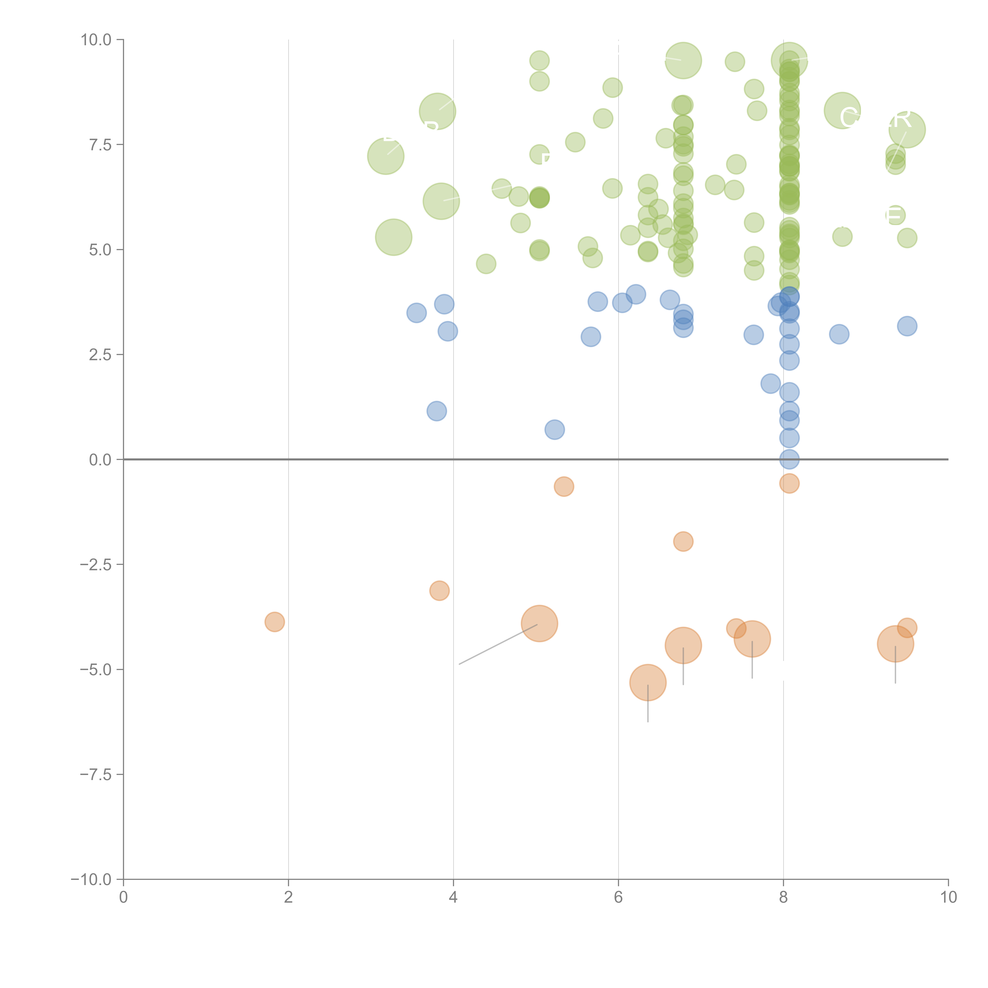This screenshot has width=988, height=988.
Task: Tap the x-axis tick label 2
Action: click(x=288, y=897)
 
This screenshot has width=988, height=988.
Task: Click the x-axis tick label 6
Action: click(x=618, y=897)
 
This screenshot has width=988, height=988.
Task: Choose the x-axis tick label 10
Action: click(x=948, y=897)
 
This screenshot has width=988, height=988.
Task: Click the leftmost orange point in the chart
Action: click(x=275, y=622)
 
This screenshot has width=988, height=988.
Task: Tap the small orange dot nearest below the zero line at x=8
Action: click(x=789, y=483)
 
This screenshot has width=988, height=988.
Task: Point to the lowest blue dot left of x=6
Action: click(x=554, y=430)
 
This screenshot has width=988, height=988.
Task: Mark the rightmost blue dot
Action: click(x=907, y=326)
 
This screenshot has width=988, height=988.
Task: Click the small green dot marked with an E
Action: click(x=895, y=215)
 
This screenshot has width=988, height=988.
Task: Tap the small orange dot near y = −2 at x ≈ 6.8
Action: click(x=683, y=541)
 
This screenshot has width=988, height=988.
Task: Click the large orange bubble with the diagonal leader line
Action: click(x=539, y=623)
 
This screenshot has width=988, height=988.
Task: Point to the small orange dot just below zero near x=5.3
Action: click(x=564, y=486)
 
